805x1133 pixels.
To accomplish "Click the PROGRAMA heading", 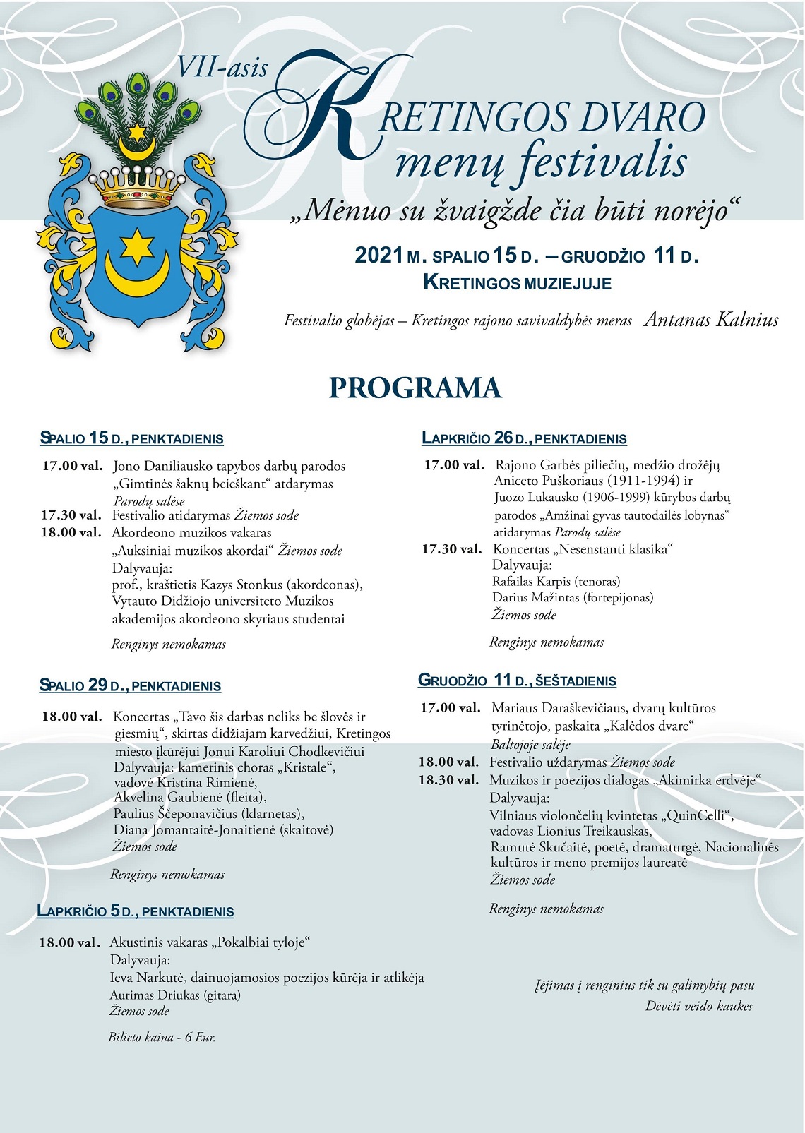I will (415, 388).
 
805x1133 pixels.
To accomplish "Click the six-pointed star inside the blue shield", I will (137, 246).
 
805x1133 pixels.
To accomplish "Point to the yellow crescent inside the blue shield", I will (137, 275).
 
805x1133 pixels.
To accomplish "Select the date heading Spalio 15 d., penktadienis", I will (131, 438).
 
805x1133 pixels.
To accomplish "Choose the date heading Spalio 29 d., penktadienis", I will (130, 685).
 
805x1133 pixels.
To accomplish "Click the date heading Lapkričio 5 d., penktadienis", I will (135, 911).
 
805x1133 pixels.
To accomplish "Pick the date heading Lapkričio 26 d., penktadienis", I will (524, 438).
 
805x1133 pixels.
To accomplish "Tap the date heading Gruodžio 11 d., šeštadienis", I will (517, 681).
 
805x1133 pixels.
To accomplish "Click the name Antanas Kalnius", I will (711, 320).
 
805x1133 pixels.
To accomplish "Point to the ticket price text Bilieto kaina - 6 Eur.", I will (162, 1037).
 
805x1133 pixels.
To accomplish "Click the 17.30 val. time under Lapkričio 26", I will (451, 549).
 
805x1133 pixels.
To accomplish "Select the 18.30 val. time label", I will (448, 780).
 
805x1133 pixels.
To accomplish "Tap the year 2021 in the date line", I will (378, 256).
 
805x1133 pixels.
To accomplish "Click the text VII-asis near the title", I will (222, 68).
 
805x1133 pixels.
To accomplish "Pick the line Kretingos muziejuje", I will (517, 283).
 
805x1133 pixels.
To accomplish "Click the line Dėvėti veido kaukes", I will (698, 1006).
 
